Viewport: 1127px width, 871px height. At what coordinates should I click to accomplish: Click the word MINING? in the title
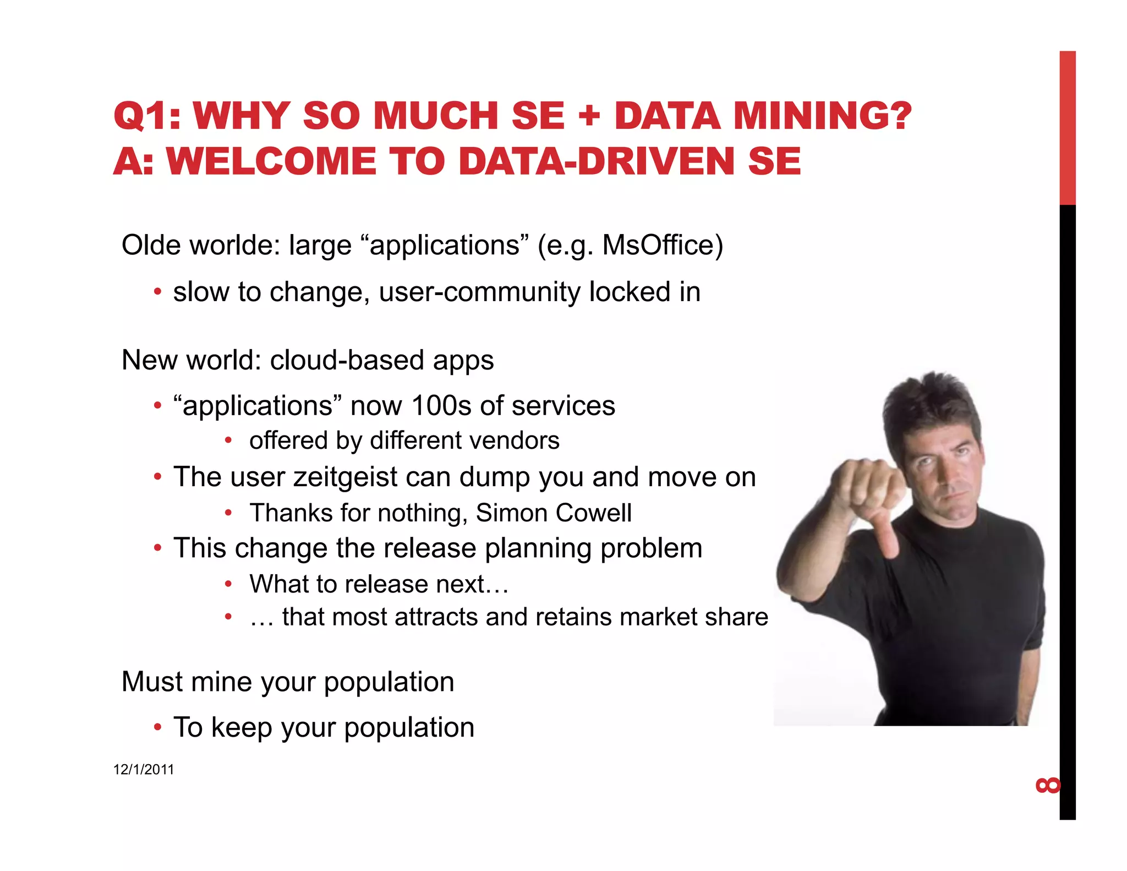click(x=822, y=116)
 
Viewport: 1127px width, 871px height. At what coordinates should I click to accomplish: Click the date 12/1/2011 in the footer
click(x=144, y=770)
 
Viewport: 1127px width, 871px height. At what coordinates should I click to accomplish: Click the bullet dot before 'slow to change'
click(x=158, y=292)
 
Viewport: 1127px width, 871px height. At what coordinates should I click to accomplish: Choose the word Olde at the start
click(x=151, y=246)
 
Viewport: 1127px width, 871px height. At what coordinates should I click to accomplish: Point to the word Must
click(x=152, y=682)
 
